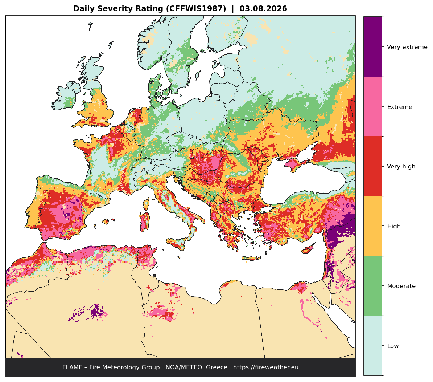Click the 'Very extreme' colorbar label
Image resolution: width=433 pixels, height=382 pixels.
click(x=407, y=47)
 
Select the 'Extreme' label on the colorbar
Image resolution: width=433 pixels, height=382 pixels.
click(x=400, y=107)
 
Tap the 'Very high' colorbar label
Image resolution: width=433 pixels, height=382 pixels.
click(x=401, y=166)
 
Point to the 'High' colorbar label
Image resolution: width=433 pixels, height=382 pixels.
click(x=394, y=226)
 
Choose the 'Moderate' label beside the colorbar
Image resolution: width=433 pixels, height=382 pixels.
click(x=401, y=286)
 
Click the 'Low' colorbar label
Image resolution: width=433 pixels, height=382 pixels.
click(x=393, y=346)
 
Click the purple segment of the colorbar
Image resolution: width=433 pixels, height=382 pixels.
click(x=373, y=46)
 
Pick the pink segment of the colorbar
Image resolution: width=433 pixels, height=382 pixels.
click(x=373, y=106)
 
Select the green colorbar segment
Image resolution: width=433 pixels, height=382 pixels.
click(x=373, y=286)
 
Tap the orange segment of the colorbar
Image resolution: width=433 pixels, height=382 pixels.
click(x=373, y=226)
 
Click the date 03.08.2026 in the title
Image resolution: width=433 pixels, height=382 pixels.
click(x=263, y=9)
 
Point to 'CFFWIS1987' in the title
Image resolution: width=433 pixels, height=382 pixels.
click(x=196, y=9)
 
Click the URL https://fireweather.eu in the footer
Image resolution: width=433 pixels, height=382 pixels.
click(x=266, y=367)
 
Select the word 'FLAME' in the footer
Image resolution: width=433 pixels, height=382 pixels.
click(x=73, y=367)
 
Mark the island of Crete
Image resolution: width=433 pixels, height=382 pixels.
click(x=251, y=259)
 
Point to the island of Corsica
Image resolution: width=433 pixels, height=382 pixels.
click(x=146, y=204)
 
